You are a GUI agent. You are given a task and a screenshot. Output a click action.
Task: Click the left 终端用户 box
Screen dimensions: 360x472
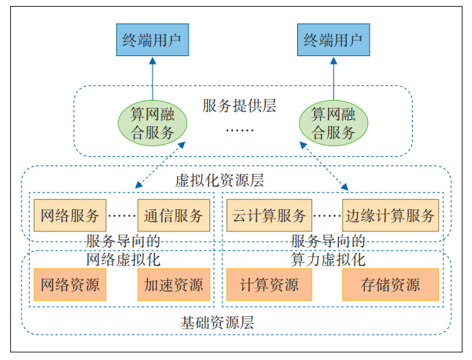coord(152,39)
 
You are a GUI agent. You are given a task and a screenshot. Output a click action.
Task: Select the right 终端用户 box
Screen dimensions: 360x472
coord(334,39)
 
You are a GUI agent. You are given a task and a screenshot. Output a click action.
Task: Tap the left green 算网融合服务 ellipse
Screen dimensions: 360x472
coord(152,123)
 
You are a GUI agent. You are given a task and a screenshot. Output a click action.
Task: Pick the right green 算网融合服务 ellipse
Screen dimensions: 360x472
coord(333,123)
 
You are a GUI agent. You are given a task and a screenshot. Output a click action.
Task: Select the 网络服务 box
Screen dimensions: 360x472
coord(70,215)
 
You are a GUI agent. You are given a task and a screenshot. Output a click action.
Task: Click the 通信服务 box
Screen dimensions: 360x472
coord(172,215)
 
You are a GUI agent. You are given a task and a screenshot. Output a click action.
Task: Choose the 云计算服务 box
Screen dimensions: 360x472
coord(269,215)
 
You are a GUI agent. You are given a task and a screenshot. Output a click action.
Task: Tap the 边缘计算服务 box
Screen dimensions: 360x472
coord(390,215)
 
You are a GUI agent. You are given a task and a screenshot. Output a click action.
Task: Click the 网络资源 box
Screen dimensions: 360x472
coord(70,285)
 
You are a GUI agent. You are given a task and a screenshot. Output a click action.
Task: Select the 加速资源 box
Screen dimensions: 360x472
coord(172,285)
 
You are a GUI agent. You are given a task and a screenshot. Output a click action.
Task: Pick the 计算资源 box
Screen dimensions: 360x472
coord(269,285)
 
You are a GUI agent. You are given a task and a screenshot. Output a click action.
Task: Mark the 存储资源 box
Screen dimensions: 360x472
coord(390,285)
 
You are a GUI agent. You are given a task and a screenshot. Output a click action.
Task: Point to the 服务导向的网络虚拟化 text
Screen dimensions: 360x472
coord(122,249)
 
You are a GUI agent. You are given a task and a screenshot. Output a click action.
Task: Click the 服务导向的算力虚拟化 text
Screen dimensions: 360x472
coord(328,249)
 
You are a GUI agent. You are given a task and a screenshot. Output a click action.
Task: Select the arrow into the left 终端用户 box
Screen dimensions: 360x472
coord(152,77)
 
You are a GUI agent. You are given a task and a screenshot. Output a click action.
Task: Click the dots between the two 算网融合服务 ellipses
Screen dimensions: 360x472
coord(239,131)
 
